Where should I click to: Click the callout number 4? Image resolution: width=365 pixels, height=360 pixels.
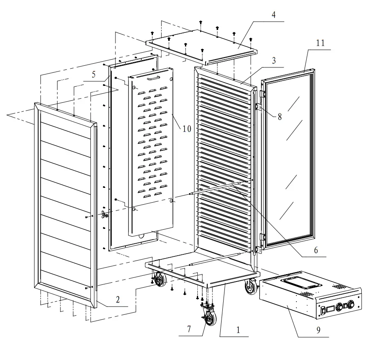tap(274, 15)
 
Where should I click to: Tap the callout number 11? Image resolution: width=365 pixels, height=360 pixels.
tap(320, 43)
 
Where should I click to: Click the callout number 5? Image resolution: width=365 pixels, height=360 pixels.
tap(93, 75)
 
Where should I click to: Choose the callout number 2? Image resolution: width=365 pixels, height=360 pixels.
tap(118, 300)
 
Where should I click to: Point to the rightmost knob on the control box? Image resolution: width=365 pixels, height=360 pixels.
tap(351, 305)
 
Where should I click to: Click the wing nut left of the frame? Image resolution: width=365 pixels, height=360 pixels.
tap(104, 214)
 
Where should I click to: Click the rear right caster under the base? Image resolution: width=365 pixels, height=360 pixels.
tap(250, 287)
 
